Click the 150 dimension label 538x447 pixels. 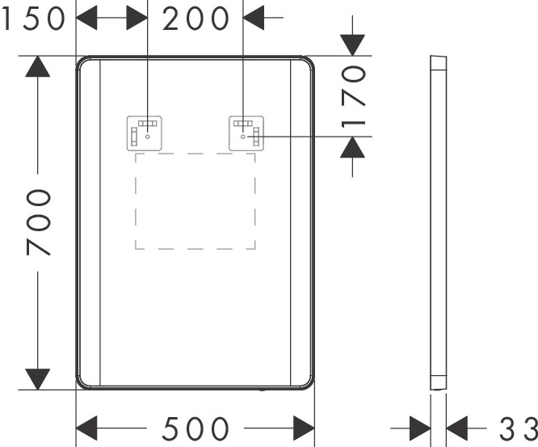[x=33, y=19]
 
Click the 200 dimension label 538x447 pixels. [x=195, y=19]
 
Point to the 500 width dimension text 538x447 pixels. [x=195, y=428]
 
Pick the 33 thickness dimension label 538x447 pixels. [x=517, y=428]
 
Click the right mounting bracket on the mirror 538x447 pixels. [x=246, y=133]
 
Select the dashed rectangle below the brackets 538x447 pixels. [x=195, y=200]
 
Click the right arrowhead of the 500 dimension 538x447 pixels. [x=303, y=428]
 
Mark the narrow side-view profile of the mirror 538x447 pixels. [x=437, y=222]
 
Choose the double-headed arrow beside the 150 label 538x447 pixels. [x=111, y=18]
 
